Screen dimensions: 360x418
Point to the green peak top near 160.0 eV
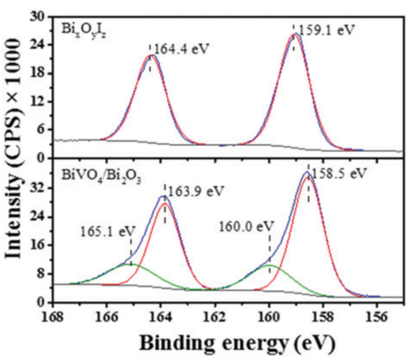point(269,265)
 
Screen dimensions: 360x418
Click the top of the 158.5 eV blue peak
point(307,172)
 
